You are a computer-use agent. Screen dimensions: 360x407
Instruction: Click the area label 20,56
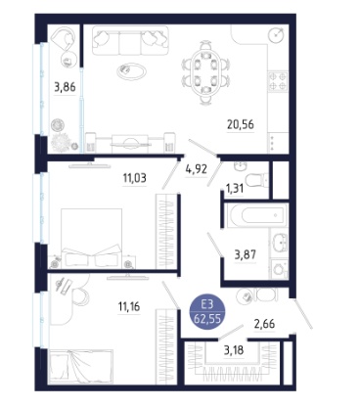(x=241, y=124)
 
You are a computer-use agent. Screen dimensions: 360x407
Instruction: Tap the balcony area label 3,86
(x=65, y=87)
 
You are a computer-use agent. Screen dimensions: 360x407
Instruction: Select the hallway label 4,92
(x=197, y=169)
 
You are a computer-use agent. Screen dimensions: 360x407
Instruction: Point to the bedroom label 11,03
(x=134, y=178)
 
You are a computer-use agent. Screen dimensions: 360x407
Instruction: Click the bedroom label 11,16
(x=129, y=306)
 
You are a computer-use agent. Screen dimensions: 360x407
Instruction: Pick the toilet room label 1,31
(x=235, y=188)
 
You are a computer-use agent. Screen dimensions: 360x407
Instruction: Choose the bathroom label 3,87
(x=246, y=254)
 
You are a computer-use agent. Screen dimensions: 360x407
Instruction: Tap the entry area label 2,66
(x=264, y=324)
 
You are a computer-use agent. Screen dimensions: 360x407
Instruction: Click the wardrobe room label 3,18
(x=234, y=350)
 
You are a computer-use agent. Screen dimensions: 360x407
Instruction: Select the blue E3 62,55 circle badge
(x=207, y=312)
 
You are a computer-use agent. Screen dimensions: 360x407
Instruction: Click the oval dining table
(x=205, y=72)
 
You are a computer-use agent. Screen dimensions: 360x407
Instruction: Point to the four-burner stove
(x=278, y=81)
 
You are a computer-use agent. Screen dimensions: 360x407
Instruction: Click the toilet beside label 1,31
(x=256, y=180)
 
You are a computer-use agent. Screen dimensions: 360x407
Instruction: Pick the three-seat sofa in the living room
(x=130, y=40)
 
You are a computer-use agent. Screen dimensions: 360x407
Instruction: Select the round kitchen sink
(x=277, y=34)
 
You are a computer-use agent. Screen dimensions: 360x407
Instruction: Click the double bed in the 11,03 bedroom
(x=92, y=239)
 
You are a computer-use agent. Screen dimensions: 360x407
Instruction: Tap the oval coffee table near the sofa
(x=132, y=70)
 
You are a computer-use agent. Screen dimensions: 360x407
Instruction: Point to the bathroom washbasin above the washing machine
(x=280, y=243)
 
